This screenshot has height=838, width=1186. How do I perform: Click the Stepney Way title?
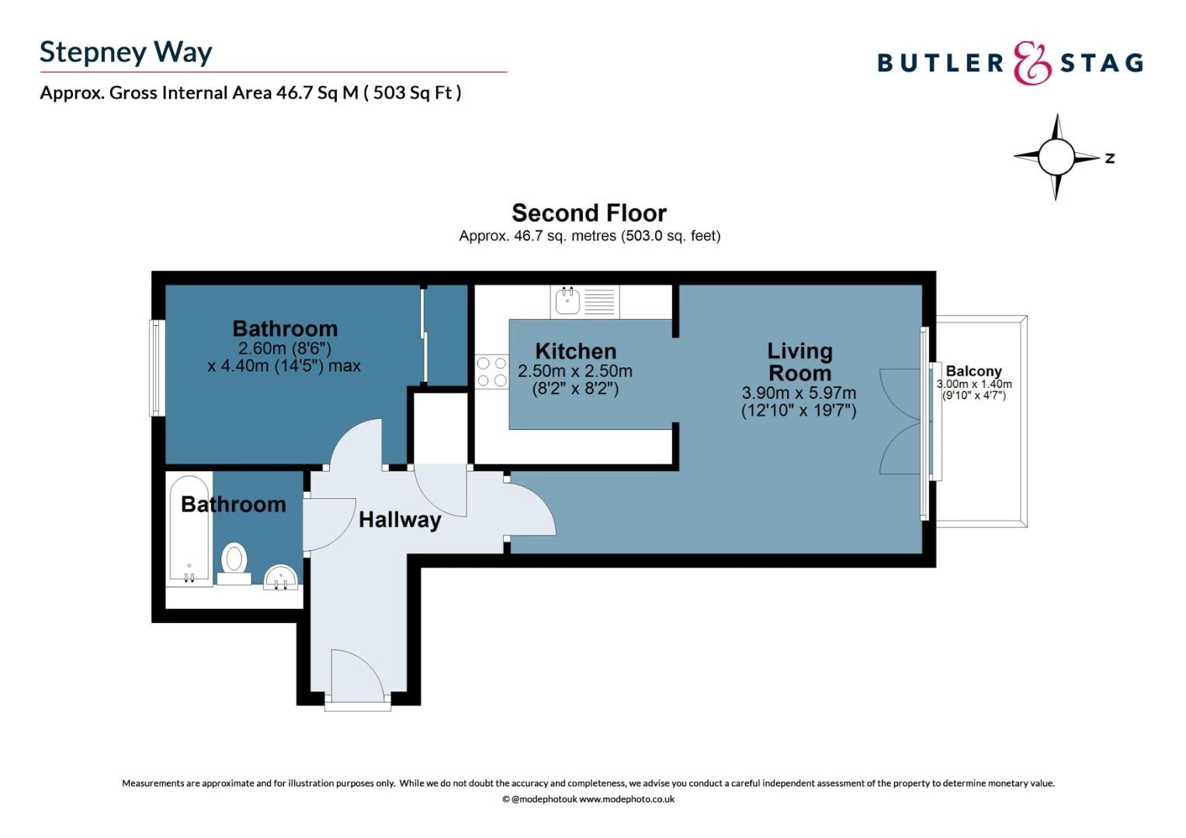[126, 52]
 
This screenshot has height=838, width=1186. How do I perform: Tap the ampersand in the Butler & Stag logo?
[1032, 63]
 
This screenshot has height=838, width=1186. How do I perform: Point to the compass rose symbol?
[1056, 157]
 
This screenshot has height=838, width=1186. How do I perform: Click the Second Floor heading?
[589, 213]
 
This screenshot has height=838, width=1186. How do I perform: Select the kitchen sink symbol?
[567, 300]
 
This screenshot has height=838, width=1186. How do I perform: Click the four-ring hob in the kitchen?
[492, 372]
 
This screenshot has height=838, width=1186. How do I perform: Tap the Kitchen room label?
[575, 351]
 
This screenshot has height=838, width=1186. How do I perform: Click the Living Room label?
[799, 362]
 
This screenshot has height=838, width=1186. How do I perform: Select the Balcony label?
[973, 371]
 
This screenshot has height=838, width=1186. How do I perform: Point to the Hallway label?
[400, 519]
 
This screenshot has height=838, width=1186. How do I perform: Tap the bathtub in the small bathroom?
[189, 529]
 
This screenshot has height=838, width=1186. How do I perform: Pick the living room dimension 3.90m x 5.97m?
[799, 393]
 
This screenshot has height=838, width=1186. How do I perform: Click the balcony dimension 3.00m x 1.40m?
[974, 384]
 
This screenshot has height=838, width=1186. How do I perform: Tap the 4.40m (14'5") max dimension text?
[284, 365]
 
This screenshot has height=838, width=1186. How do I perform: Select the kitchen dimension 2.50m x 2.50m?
[575, 371]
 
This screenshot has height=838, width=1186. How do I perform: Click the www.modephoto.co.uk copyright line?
[588, 799]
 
